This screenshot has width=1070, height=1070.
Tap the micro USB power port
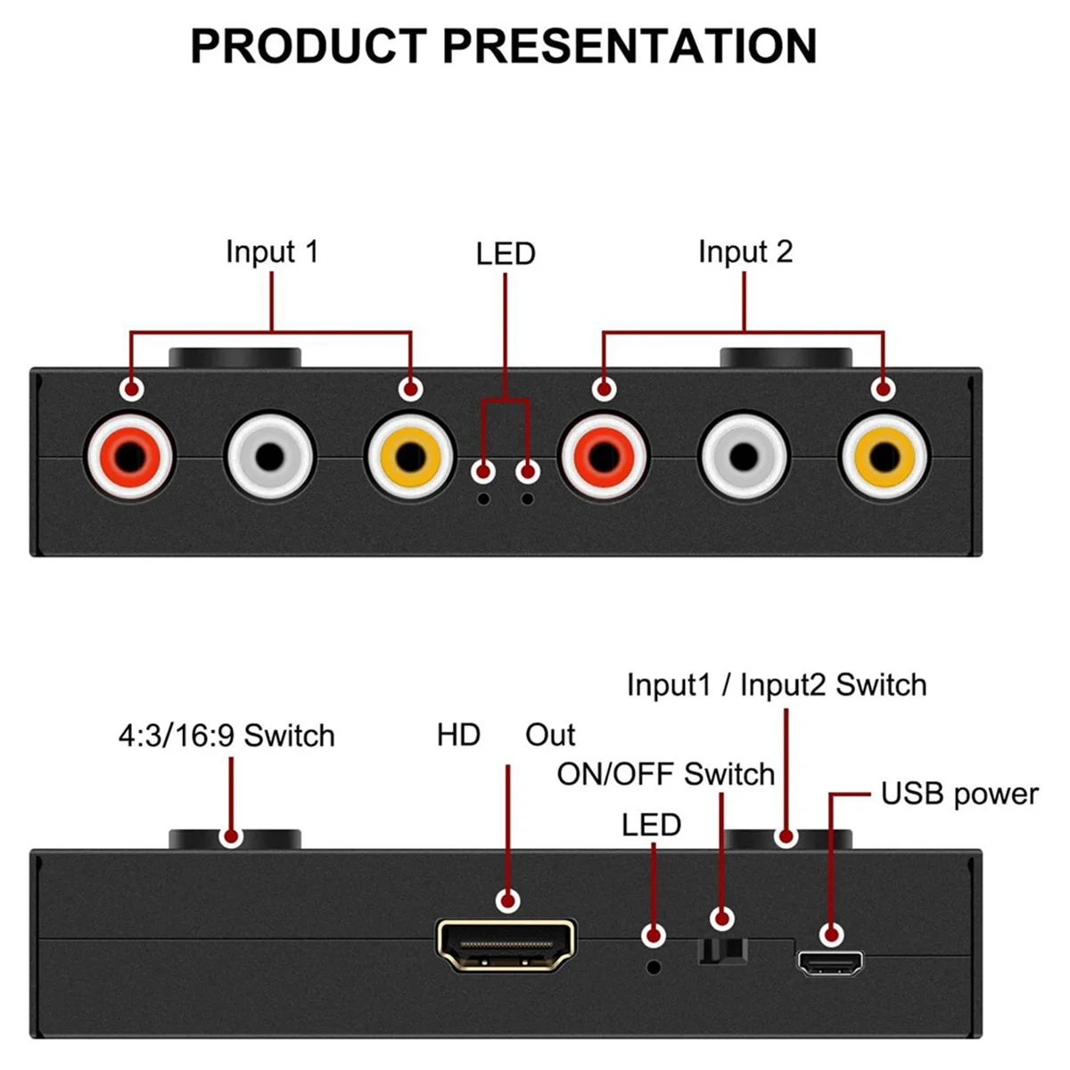click(x=830, y=963)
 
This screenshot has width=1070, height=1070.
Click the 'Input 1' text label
click(x=271, y=251)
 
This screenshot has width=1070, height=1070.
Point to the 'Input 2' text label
click(x=745, y=251)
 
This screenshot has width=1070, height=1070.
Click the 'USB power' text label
click(x=959, y=794)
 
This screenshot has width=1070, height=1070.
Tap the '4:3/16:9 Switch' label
click(x=226, y=736)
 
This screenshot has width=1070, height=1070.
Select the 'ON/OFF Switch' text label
click(x=665, y=774)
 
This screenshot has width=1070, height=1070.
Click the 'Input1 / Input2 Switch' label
click(x=777, y=685)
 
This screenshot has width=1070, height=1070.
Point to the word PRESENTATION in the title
click(x=630, y=46)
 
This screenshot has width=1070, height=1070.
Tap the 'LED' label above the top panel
click(x=506, y=254)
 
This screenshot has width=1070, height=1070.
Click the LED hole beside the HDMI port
click(x=654, y=966)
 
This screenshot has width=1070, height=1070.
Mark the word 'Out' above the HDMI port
click(x=550, y=735)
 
